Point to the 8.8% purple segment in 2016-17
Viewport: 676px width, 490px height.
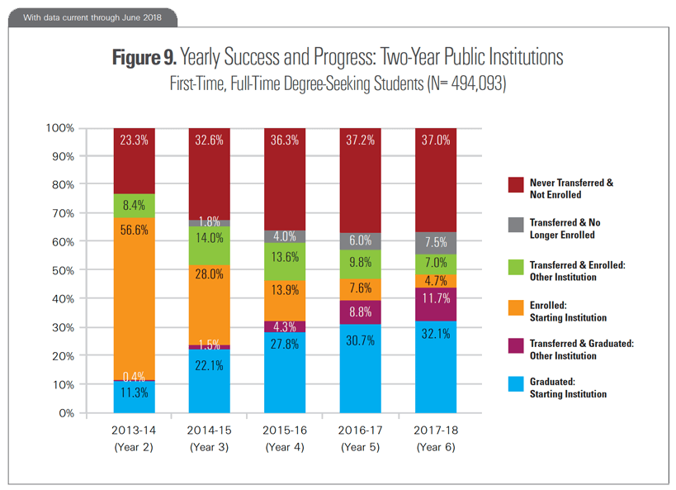[360, 312]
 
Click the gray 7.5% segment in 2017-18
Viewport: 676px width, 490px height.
[435, 243]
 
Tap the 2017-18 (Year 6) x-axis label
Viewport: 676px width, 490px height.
[435, 439]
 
